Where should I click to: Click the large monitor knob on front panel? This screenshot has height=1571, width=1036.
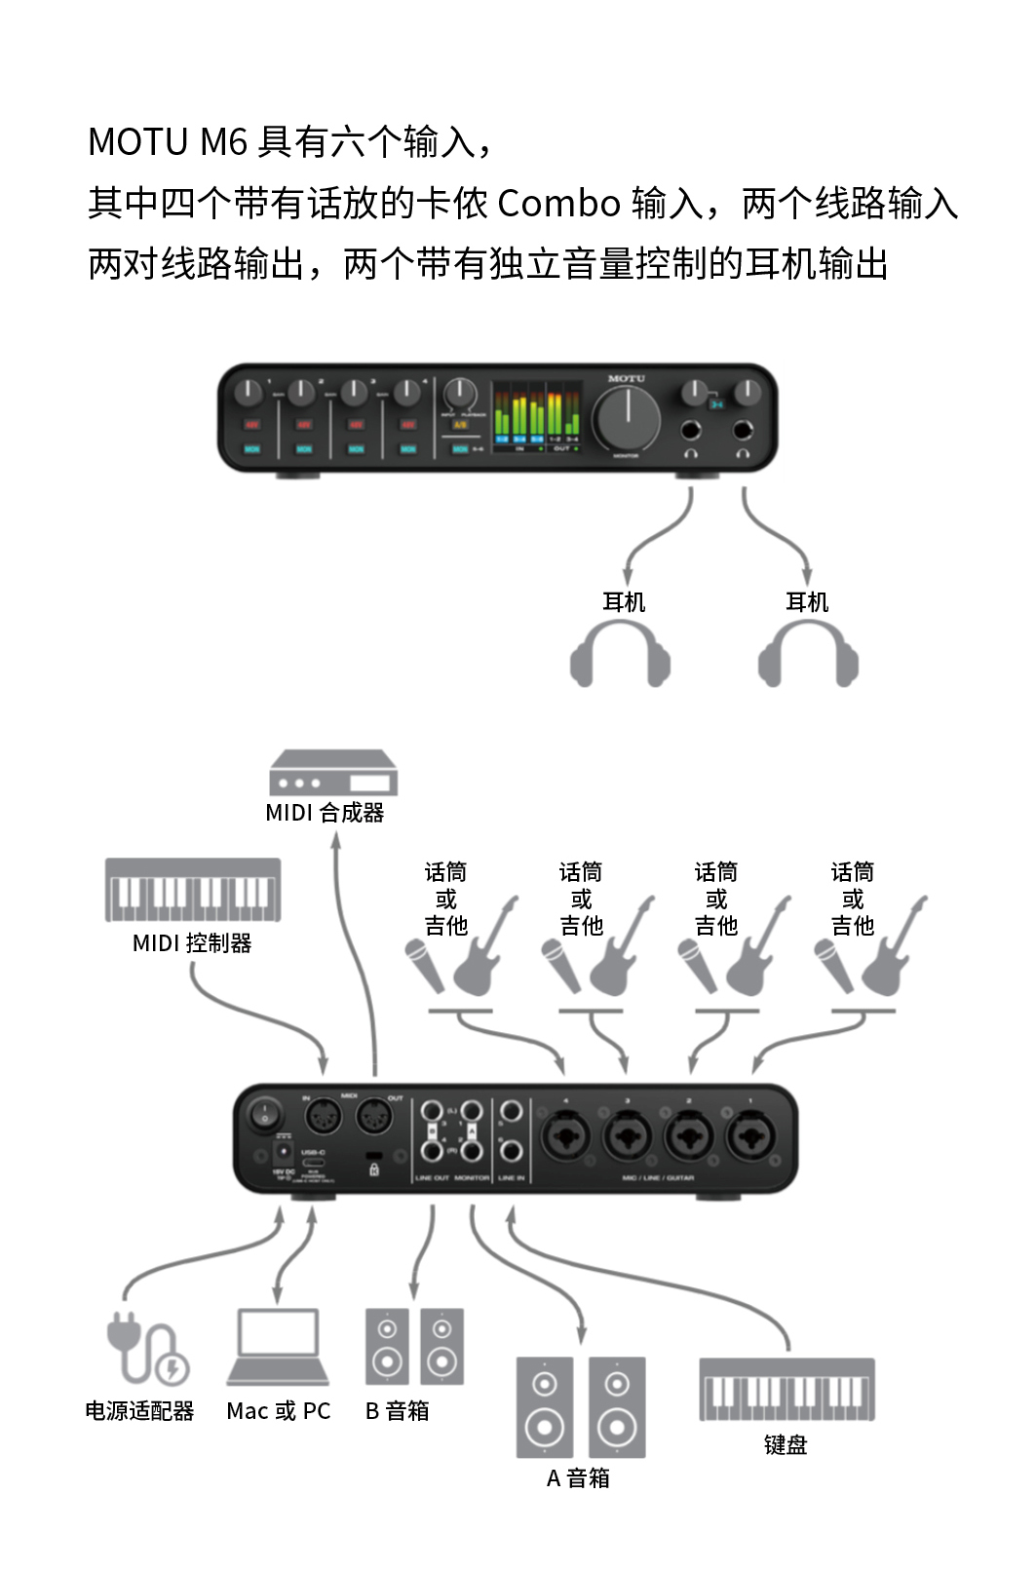click(x=628, y=417)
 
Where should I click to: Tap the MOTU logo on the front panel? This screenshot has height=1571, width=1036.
click(x=626, y=378)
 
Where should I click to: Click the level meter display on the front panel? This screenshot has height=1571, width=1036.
click(x=536, y=413)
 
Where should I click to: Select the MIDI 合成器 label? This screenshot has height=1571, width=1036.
click(x=325, y=812)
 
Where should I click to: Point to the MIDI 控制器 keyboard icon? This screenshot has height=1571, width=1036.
click(x=193, y=890)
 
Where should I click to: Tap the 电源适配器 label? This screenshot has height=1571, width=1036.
click(x=139, y=1410)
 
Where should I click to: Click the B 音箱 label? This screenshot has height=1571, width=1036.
click(x=397, y=1410)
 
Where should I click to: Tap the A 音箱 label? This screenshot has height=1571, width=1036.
click(x=578, y=1477)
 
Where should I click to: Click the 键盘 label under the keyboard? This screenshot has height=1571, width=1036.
click(x=786, y=1444)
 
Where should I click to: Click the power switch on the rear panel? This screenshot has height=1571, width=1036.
click(x=264, y=1113)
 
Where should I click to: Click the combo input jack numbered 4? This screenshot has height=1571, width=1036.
click(x=565, y=1135)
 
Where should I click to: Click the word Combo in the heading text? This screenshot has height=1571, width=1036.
click(x=558, y=204)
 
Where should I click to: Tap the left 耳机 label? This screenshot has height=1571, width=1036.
click(x=624, y=601)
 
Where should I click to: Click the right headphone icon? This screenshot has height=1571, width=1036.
click(x=808, y=653)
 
